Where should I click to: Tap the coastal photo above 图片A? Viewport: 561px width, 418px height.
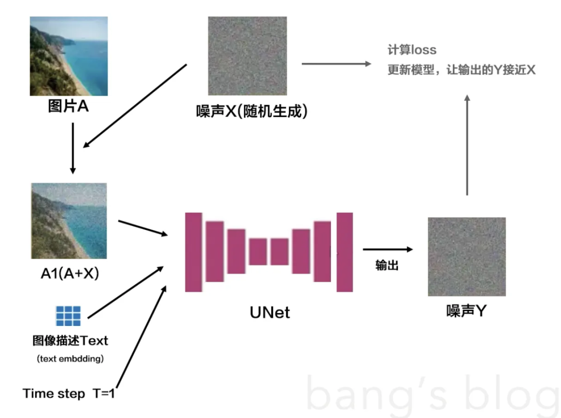click(x=69, y=56)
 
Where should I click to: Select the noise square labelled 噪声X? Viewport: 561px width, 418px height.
click(x=247, y=56)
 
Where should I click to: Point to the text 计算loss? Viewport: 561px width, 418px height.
click(x=412, y=50)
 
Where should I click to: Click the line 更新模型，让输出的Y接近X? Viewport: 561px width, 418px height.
click(x=461, y=70)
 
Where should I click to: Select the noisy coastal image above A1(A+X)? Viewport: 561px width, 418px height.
click(x=69, y=220)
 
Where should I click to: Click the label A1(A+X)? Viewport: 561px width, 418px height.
click(x=70, y=273)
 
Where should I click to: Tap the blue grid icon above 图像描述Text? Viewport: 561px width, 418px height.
click(x=69, y=316)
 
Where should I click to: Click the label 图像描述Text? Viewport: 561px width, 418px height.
click(x=70, y=341)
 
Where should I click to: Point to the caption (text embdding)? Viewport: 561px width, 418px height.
click(x=70, y=359)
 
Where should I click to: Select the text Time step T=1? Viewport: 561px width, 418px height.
click(x=69, y=394)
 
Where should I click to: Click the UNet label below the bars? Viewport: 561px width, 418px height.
click(x=270, y=312)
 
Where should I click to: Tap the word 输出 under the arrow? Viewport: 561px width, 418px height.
click(x=387, y=265)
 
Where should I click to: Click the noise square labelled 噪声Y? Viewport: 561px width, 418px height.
click(x=466, y=256)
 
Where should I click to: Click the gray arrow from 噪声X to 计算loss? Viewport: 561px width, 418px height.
click(x=337, y=64)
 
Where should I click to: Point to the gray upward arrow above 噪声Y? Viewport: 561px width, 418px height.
click(x=468, y=146)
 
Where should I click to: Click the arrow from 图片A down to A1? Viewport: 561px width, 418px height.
click(x=73, y=148)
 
